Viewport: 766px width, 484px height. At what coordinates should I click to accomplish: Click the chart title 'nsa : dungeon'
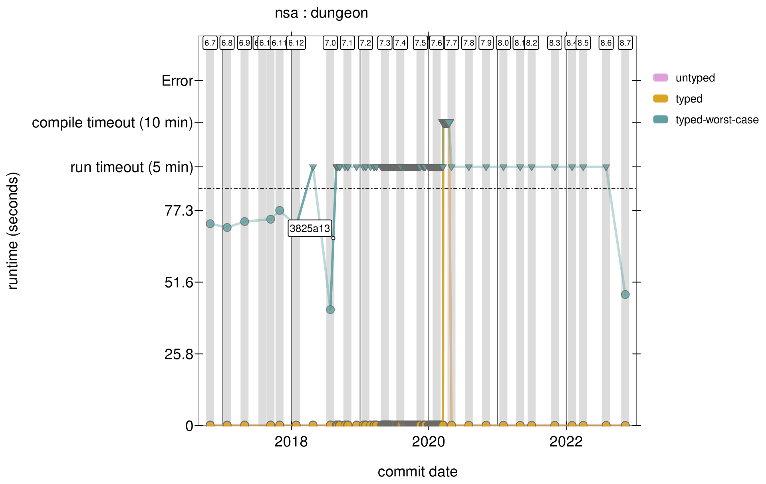click(x=321, y=13)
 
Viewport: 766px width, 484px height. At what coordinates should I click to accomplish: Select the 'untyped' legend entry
click(x=695, y=78)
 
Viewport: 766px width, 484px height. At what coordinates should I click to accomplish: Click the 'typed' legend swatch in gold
click(x=660, y=99)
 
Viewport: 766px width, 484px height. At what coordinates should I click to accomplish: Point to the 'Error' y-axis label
click(x=177, y=81)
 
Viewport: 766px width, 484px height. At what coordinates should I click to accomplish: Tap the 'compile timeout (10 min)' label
click(x=112, y=123)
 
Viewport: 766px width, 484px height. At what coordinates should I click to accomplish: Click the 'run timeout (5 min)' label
click(x=132, y=167)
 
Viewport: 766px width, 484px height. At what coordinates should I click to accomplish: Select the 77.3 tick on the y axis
click(x=179, y=210)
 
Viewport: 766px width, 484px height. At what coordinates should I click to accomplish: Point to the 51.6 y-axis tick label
click(x=179, y=282)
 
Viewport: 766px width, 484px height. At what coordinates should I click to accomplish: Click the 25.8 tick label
click(x=179, y=354)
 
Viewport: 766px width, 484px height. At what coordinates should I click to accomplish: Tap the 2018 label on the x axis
click(x=291, y=442)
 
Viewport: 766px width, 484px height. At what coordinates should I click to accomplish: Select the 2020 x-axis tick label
click(x=429, y=442)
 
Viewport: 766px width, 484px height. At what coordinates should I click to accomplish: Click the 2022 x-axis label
click(x=566, y=442)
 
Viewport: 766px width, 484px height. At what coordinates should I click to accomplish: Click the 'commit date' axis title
click(x=417, y=472)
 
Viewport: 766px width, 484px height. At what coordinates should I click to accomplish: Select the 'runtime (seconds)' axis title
click(x=13, y=231)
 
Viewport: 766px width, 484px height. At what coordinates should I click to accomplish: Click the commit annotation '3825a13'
click(x=310, y=228)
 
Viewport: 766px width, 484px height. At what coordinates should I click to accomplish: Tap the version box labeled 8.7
click(x=625, y=43)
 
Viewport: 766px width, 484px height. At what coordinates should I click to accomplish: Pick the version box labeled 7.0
click(x=330, y=43)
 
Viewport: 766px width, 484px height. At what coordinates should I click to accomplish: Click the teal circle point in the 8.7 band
click(x=625, y=294)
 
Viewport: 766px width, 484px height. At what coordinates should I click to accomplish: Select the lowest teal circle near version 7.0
click(x=330, y=309)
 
